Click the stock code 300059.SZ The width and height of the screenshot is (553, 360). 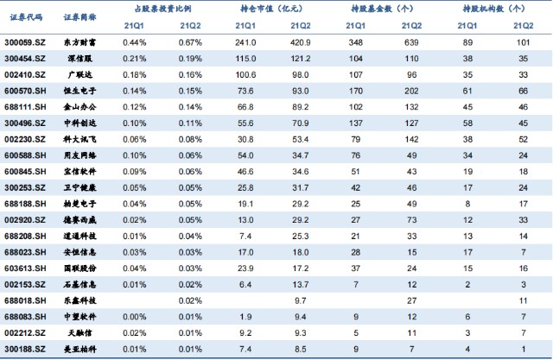click(25, 42)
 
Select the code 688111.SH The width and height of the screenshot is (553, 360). click(25, 107)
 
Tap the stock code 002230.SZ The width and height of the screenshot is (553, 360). click(25, 140)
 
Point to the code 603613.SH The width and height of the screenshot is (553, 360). click(25, 268)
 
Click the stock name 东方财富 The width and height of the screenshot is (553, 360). click(80, 42)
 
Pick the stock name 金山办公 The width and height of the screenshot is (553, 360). click(80, 107)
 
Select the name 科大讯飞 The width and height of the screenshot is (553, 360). click(80, 140)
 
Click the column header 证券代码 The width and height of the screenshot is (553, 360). click(26, 17)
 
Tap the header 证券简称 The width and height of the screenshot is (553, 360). click(80, 17)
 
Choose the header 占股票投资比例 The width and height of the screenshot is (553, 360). click(163, 9)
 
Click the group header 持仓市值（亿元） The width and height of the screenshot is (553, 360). click(271, 9)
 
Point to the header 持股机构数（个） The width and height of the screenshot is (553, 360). click(493, 9)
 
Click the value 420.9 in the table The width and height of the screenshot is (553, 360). click(301, 42)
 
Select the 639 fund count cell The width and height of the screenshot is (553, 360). click(411, 42)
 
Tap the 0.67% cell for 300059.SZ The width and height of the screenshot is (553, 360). click(190, 42)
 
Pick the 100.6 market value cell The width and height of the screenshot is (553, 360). click(245, 75)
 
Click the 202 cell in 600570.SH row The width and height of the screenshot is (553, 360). click(411, 91)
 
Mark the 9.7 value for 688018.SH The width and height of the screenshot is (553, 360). click(301, 300)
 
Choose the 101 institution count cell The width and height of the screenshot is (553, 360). click(524, 42)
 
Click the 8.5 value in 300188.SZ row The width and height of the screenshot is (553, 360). click(301, 350)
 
